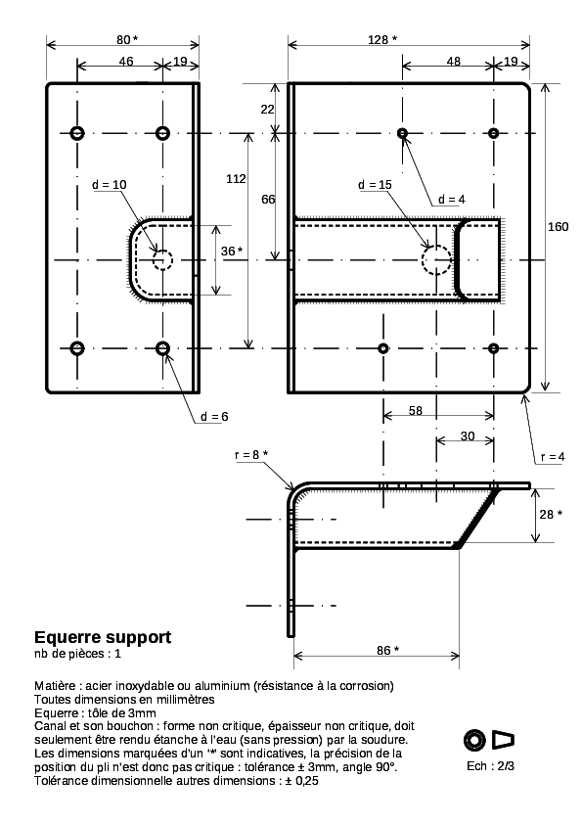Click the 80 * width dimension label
127,39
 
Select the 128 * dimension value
382,39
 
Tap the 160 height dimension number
558,226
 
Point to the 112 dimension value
236,179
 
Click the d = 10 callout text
110,184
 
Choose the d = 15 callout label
375,184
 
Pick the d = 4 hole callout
452,200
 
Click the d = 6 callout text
214,417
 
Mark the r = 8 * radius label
251,454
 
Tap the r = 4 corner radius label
553,457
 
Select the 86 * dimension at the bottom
387,650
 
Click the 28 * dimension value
551,514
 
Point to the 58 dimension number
416,410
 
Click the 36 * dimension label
232,252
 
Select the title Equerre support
103,637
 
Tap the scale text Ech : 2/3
491,765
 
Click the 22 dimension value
267,109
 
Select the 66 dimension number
268,200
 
